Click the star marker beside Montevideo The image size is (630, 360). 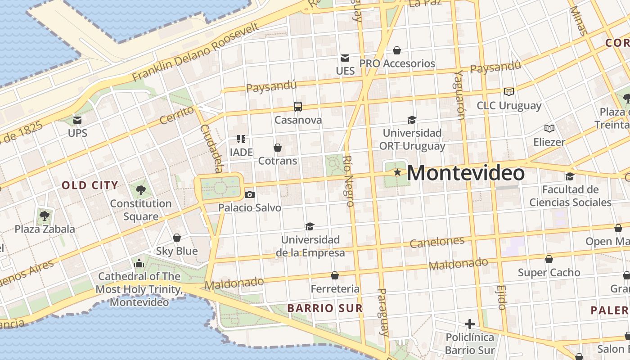coord(397,172)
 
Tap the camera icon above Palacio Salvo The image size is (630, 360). coord(250,194)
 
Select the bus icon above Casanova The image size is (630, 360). coord(298,107)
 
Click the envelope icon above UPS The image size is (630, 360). coord(77,120)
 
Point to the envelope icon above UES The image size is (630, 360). coord(345,58)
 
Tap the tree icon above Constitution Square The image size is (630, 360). coord(141,190)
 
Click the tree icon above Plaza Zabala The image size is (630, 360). coord(45,216)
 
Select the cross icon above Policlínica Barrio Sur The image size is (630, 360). coord(470,324)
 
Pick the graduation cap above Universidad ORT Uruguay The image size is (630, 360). coord(412,120)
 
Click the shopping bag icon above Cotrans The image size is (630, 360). coord(278,148)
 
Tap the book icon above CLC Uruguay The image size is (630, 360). coord(509,92)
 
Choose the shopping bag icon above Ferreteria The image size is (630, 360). coord(335,275)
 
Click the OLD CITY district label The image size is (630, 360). coord(90,185)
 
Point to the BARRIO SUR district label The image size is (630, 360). coord(325,308)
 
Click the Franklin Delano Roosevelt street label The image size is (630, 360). coord(196,52)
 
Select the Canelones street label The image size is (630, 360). coord(437,242)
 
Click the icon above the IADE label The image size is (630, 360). coord(241,139)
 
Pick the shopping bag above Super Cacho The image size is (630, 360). coord(549,259)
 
